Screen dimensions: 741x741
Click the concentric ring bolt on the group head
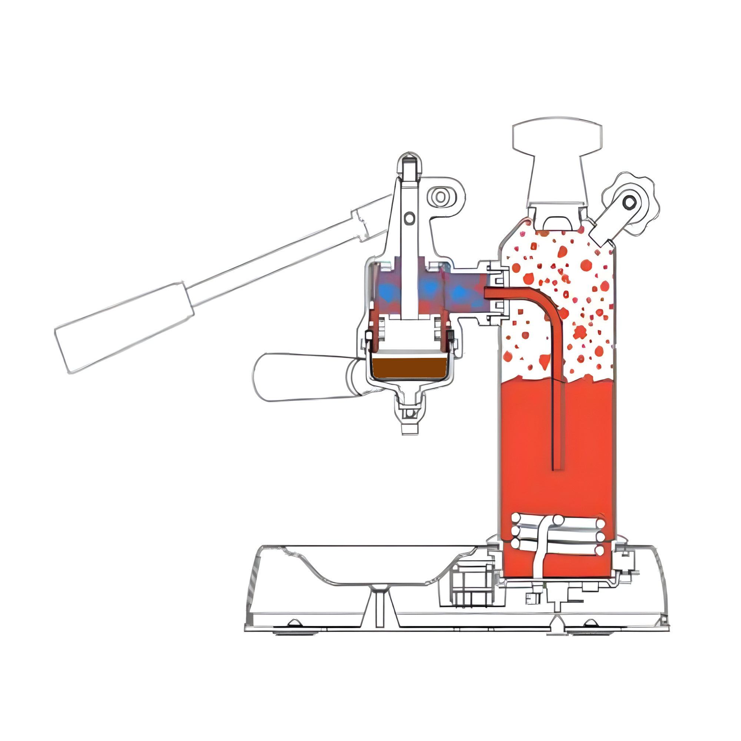pyautogui.click(x=441, y=197)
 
